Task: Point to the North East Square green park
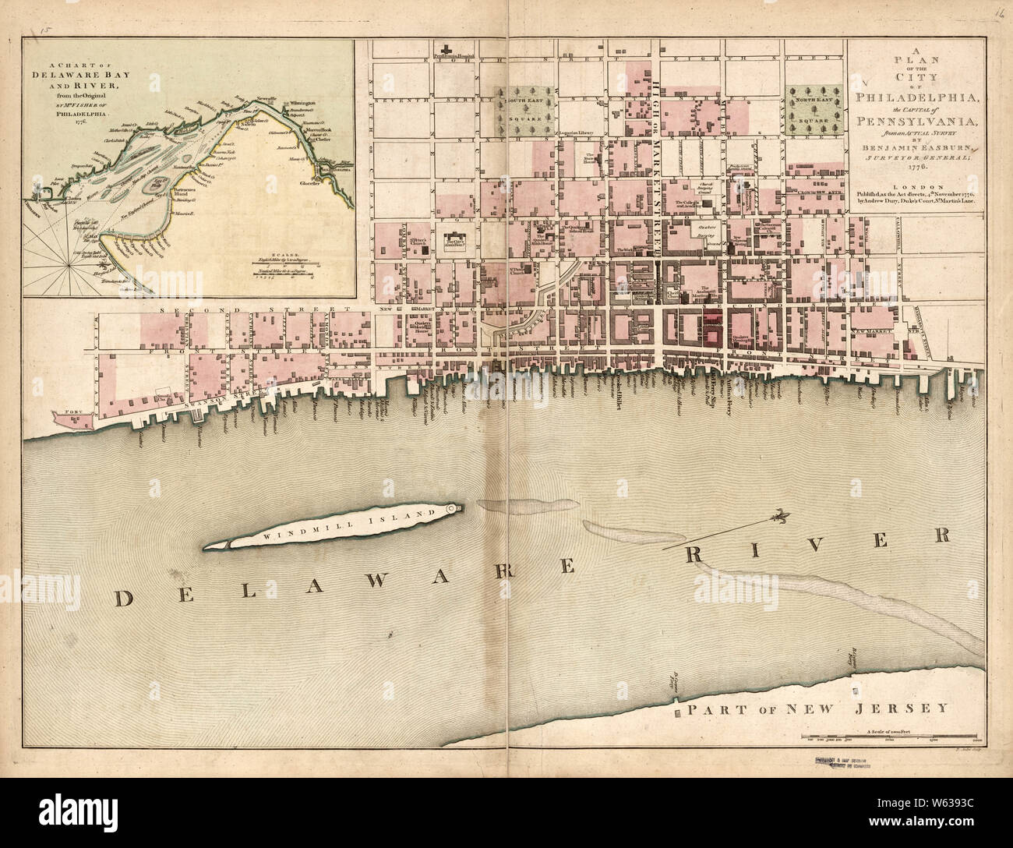[814, 109]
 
